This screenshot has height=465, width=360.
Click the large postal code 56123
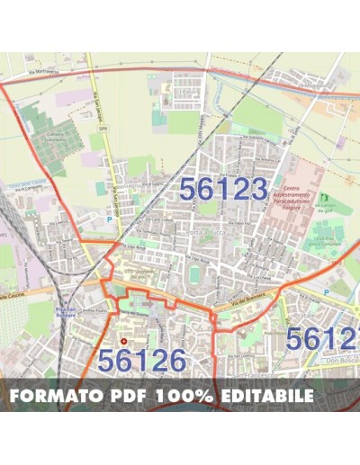[223, 188]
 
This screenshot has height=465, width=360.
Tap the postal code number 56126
[141, 360]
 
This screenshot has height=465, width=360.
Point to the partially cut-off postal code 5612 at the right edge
[322, 339]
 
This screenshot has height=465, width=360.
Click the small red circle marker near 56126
[124, 341]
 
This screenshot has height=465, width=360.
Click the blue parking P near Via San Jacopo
[111, 219]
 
